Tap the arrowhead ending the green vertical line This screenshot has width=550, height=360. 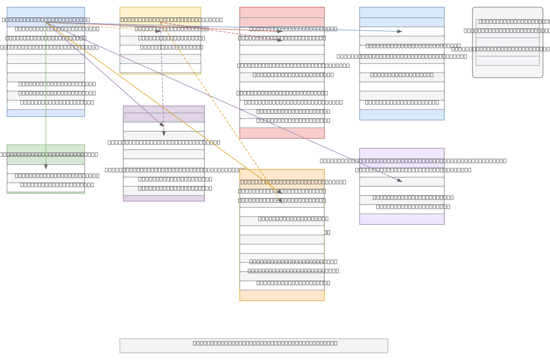click(46, 167)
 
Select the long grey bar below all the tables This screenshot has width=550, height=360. click(253, 345)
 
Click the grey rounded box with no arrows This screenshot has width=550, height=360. click(507, 42)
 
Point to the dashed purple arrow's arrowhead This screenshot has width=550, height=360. click(164, 133)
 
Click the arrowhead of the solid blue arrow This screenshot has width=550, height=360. click(400, 31)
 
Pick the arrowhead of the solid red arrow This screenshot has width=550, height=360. click(280, 31)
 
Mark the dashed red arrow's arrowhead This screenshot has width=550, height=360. click(280, 40)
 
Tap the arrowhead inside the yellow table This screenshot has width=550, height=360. click(158, 31)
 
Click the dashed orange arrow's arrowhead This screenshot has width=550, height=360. click(280, 200)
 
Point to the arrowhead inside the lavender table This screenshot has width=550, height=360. click(400, 180)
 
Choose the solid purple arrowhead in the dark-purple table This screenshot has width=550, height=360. click(162, 125)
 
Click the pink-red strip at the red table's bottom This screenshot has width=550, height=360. click(281, 133)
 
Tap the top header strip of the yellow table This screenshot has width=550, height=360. click(160, 12)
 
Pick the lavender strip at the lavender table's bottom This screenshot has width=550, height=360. click(401, 219)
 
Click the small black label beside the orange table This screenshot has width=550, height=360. click(327, 232)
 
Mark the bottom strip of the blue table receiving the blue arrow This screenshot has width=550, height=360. click(401, 115)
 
